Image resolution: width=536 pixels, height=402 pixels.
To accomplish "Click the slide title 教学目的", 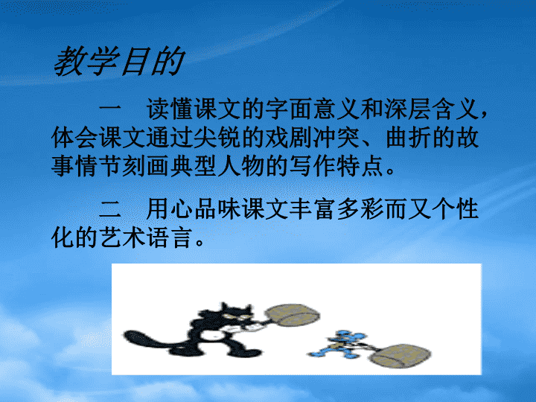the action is (x=119, y=61).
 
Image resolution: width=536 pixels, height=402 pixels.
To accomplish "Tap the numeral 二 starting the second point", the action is (x=110, y=209).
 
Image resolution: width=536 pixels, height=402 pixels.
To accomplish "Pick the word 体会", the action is (x=75, y=138).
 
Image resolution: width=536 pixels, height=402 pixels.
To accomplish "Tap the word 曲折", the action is (x=409, y=138).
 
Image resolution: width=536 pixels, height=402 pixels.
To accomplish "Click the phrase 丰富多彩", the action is (x=336, y=209).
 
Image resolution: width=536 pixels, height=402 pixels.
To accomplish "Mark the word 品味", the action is (x=217, y=209).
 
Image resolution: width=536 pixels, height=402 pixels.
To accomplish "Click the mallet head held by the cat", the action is (x=293, y=315).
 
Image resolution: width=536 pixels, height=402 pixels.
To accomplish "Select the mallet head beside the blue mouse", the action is (x=401, y=356).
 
